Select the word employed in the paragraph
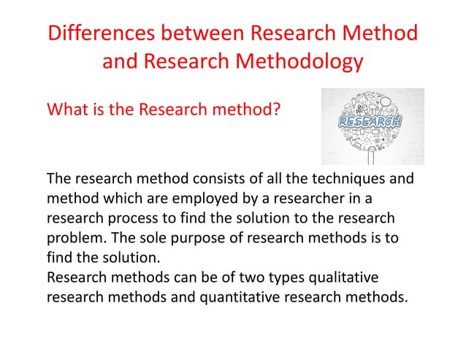pyautogui.click(x=192, y=199)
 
